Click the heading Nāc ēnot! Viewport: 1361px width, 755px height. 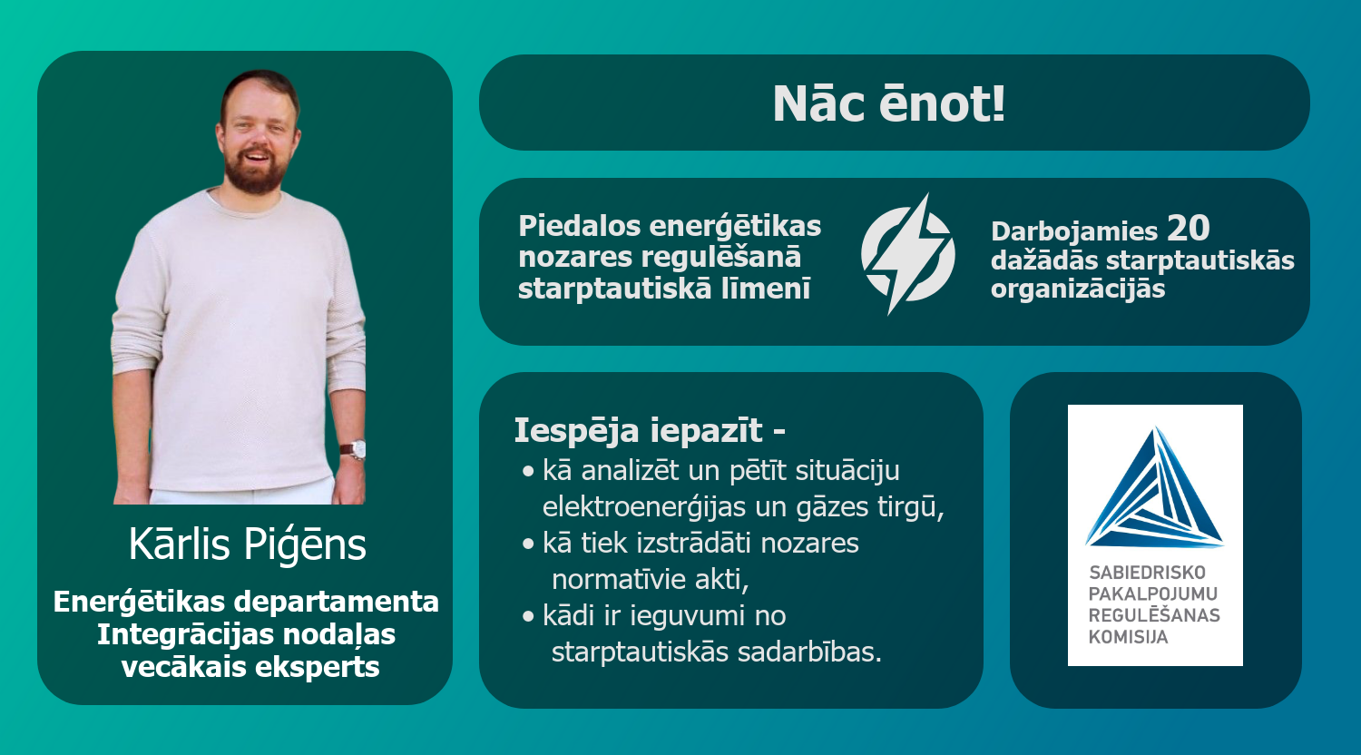(889, 103)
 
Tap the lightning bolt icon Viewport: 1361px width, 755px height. (907, 254)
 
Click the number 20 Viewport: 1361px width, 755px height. (1189, 229)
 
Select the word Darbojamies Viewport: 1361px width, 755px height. (1074, 231)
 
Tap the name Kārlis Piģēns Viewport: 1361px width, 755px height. (248, 544)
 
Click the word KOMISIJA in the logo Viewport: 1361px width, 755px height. (1120, 637)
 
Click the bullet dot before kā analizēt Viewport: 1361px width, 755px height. (528, 471)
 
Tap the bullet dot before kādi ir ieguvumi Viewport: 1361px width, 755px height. (528, 616)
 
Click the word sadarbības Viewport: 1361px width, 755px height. (809, 652)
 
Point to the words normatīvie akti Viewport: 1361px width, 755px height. (651, 580)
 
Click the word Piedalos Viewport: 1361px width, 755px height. (580, 226)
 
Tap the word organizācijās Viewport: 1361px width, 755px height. (1078, 289)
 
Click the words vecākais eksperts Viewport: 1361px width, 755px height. (250, 667)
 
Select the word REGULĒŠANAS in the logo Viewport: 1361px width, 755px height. (1154, 615)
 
